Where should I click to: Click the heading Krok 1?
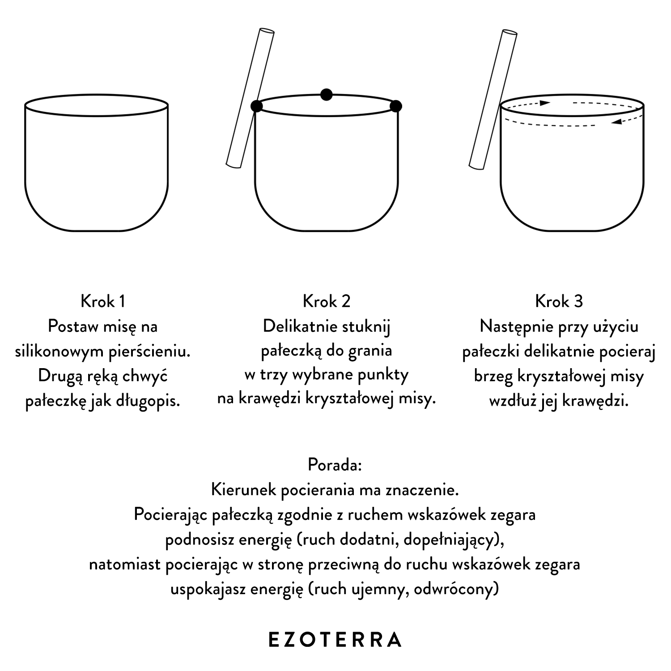[103, 301]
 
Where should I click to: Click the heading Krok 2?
[327, 301]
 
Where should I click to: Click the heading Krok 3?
[559, 301]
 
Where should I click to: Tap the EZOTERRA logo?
[335, 640]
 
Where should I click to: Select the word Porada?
[335, 465]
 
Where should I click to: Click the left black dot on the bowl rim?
[256, 106]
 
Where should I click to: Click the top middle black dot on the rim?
[327, 95]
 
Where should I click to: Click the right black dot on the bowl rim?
[396, 106]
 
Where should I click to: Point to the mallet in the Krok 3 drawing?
[493, 100]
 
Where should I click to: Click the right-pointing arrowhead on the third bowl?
[544, 103]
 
